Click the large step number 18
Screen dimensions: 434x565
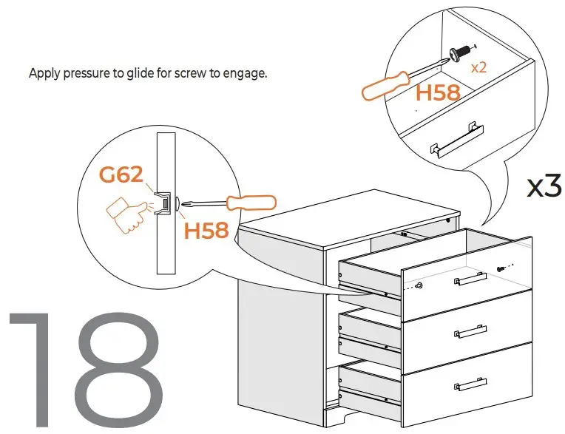(x=85, y=367)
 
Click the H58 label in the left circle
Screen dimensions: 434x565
(x=206, y=231)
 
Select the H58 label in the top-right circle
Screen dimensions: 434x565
(x=438, y=93)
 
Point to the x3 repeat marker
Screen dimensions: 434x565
(x=544, y=186)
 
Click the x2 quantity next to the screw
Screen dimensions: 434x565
(x=478, y=67)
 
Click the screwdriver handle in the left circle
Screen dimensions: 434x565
(x=251, y=202)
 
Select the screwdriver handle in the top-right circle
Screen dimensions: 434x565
(x=383, y=87)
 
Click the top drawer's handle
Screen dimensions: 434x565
(x=470, y=279)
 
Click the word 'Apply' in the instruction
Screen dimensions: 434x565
(x=44, y=74)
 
